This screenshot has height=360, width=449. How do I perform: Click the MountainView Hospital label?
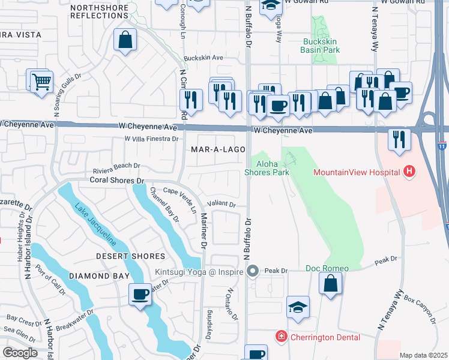coord(357,172)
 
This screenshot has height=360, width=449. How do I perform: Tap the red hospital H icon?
coord(409,172)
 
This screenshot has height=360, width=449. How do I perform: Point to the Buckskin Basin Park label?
coord(321,46)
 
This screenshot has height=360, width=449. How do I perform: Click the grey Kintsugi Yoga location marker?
coord(253,272)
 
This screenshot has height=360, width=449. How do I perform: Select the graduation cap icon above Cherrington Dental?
coord(298,307)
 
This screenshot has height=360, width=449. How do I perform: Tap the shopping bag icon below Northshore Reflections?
coord(125,41)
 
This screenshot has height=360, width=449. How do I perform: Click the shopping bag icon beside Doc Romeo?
coord(330,283)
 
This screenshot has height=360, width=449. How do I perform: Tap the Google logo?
coord(20,353)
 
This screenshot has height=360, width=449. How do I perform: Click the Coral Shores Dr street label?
coord(118,180)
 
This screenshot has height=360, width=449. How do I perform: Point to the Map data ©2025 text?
coord(423,355)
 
